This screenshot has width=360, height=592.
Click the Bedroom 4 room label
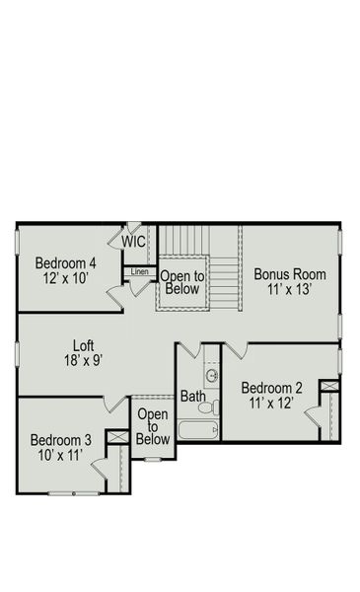(66, 263)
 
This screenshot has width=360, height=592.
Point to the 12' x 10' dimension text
(66, 279)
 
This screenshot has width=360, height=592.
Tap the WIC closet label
(134, 241)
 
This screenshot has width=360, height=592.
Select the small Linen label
(139, 271)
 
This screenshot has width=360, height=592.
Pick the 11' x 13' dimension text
(290, 291)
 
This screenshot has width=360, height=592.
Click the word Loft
(84, 345)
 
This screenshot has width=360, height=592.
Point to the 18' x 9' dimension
(84, 360)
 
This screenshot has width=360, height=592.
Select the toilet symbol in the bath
(207, 406)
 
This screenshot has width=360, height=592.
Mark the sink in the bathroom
(211, 375)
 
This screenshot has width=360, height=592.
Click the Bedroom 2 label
(272, 387)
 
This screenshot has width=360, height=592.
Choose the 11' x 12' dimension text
(272, 403)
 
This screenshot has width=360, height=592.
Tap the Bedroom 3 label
(61, 440)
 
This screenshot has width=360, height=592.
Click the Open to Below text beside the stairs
(181, 282)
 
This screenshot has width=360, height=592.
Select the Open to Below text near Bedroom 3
(153, 426)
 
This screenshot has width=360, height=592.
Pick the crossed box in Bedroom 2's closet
(330, 386)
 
